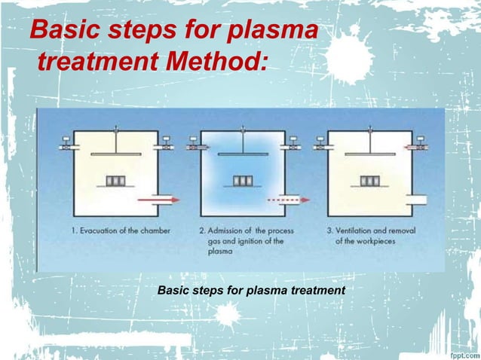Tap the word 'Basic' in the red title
point(64,31)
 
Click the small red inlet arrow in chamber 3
point(412,148)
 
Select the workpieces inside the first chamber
point(115,182)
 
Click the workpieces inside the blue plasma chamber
point(242,182)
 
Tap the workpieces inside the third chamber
point(369,182)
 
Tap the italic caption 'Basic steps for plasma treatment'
point(250,290)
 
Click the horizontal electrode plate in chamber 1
point(115,154)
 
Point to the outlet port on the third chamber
point(416,200)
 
